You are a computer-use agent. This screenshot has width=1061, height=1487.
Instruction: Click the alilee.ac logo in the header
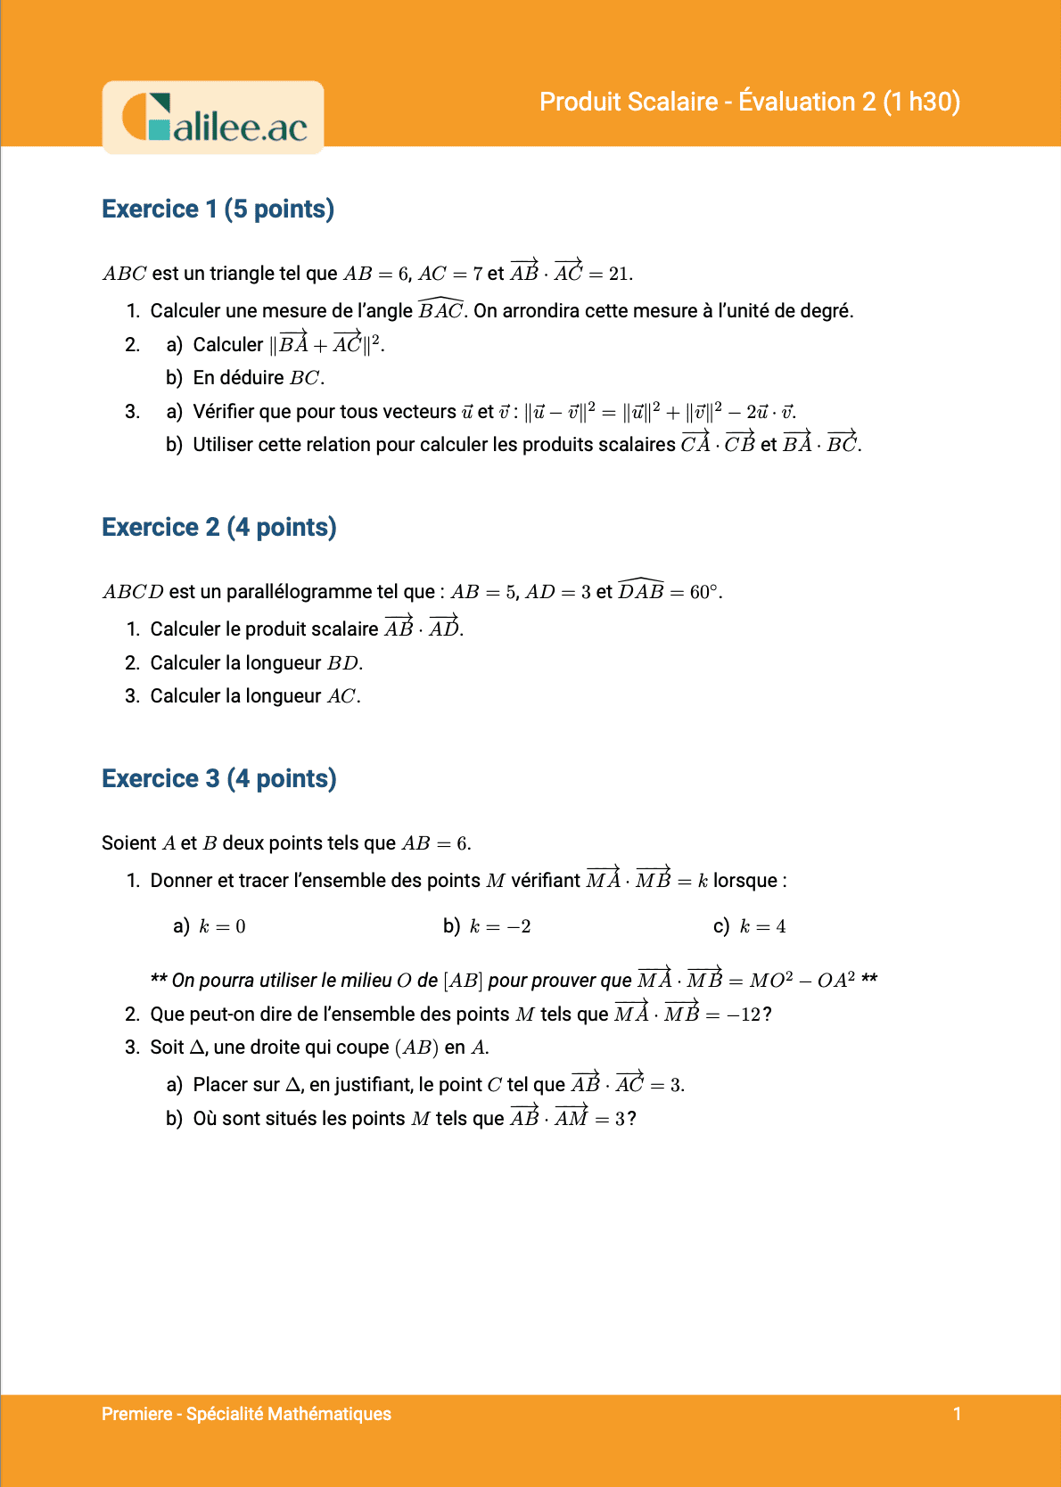[x=213, y=119]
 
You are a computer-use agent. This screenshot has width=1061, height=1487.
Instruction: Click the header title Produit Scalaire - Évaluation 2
[x=749, y=102]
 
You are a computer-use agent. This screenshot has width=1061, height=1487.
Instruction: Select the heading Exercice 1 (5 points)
[x=218, y=209]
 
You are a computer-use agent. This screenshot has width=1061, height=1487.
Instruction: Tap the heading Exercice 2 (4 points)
[x=219, y=527]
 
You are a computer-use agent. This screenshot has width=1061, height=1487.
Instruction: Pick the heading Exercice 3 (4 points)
[x=219, y=778]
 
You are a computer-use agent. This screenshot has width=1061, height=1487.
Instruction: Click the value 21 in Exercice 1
[x=620, y=274]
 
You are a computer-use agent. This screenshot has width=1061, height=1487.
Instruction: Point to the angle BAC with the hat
[x=440, y=310]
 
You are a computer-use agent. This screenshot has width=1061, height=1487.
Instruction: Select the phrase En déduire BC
[x=259, y=378]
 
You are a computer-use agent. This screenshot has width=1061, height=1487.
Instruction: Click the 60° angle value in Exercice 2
[x=704, y=592]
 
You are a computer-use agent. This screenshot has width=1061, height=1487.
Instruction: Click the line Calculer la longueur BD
[x=256, y=663]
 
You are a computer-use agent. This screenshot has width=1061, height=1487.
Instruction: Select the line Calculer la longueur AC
[x=255, y=696]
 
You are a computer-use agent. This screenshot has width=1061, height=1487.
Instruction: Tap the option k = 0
[x=222, y=927]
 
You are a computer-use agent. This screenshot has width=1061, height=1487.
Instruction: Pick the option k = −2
[x=499, y=927]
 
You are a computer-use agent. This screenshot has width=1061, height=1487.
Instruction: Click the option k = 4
[x=762, y=927]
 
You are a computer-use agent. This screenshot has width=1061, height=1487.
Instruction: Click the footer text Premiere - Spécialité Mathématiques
[x=246, y=1414]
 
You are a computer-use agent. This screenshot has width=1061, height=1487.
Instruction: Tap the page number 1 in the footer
[x=957, y=1414]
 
